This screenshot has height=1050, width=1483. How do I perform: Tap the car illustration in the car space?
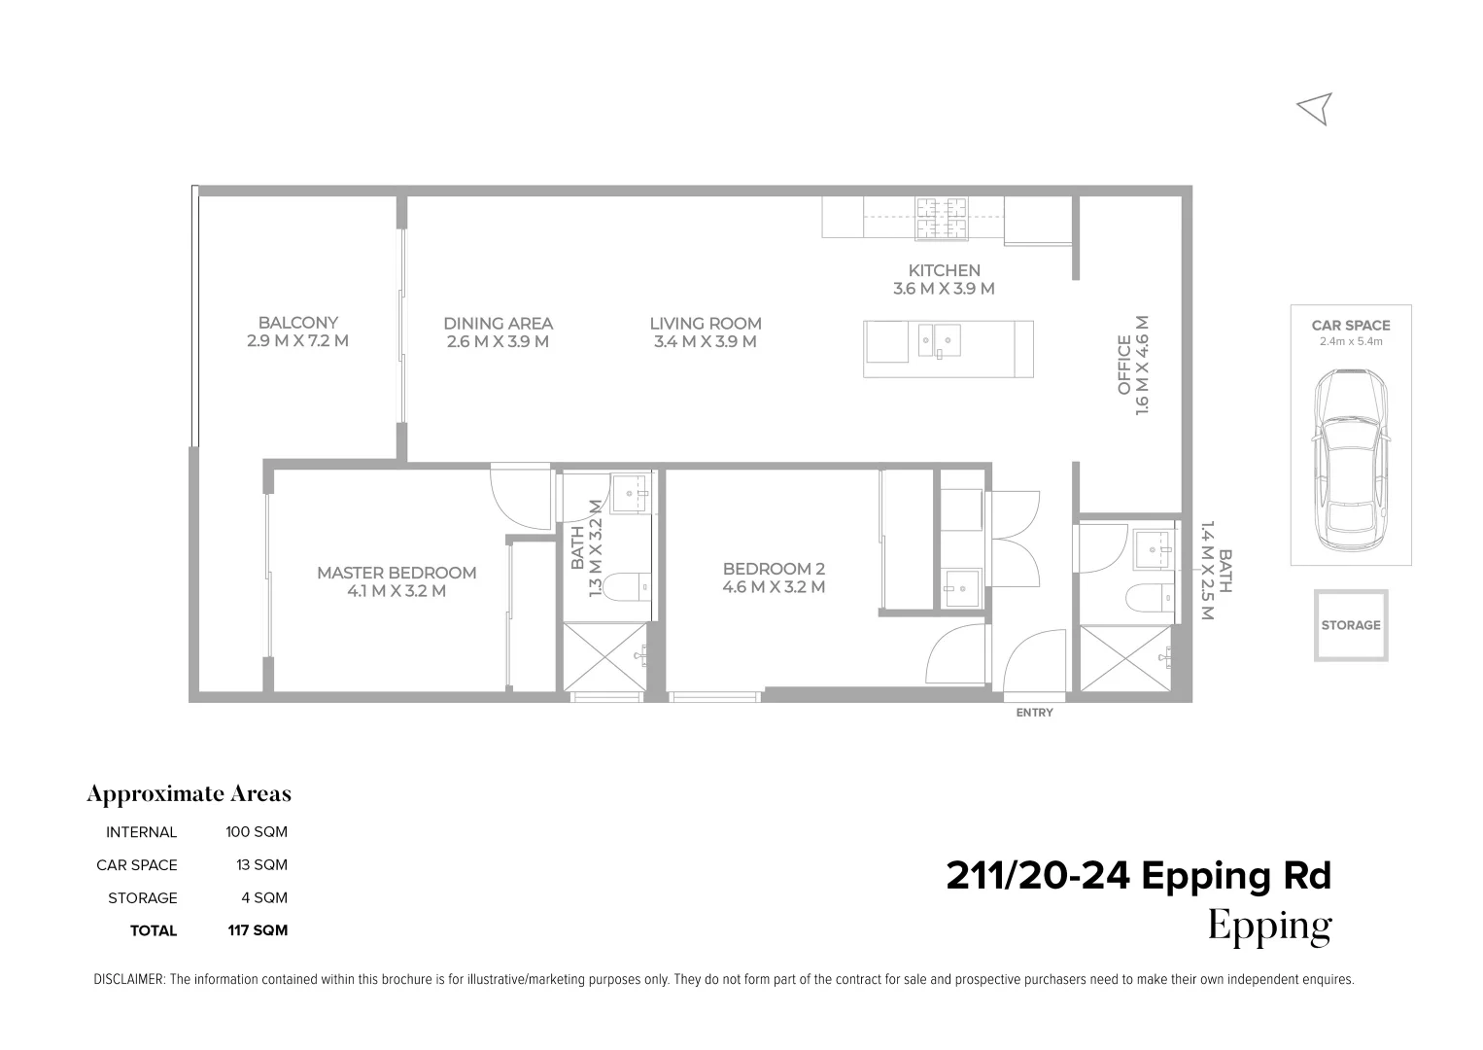tap(1351, 460)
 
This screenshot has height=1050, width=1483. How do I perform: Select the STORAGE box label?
tap(1351, 625)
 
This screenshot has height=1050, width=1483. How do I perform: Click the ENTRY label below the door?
tap(1034, 713)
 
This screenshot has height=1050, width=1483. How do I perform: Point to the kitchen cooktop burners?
tap(941, 218)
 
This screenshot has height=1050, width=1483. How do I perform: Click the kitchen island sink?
tap(940, 340)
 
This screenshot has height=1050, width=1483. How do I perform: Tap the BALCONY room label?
tap(298, 324)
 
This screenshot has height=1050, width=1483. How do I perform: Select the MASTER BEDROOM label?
tap(396, 573)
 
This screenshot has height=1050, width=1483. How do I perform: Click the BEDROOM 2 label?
tap(774, 569)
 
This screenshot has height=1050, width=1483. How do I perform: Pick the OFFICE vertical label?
tap(1124, 365)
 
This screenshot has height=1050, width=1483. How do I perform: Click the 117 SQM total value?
tap(258, 930)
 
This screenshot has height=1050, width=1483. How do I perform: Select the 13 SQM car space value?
tap(261, 865)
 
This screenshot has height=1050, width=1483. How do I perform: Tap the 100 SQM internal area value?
tap(257, 832)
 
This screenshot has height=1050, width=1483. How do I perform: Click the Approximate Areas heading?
tap(189, 794)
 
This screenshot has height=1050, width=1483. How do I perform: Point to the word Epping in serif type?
tap(1269, 927)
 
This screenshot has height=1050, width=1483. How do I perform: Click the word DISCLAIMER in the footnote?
tap(129, 980)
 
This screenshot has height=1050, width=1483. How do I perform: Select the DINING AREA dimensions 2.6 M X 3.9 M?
tap(498, 342)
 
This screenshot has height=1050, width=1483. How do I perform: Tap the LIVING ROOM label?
tap(706, 324)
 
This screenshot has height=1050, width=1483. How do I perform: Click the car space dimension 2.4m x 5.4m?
tap(1351, 342)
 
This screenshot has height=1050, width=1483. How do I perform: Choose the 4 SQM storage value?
tap(264, 898)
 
